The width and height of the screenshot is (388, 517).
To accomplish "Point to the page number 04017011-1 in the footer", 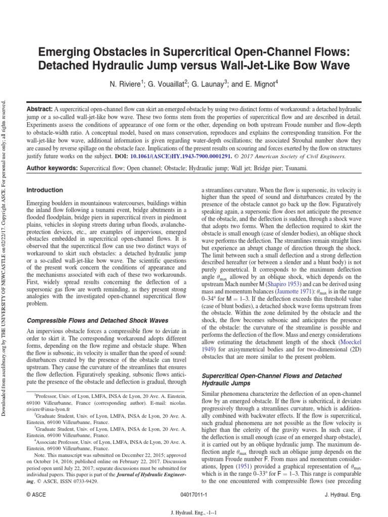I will (193, 495).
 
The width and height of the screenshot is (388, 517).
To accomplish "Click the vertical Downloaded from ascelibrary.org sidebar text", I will (6, 252).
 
